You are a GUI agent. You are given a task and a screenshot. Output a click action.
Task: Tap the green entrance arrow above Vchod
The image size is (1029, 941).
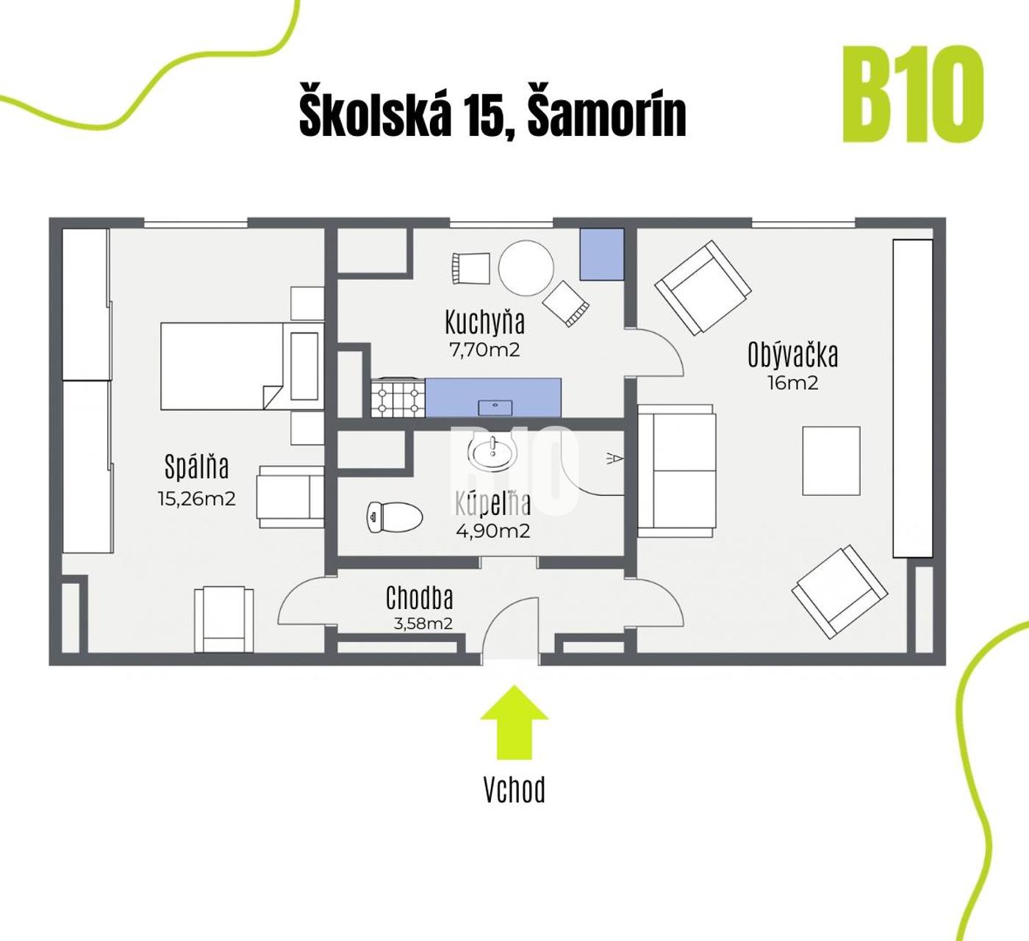[514, 722]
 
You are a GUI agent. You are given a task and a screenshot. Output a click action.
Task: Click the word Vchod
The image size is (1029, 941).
[514, 790]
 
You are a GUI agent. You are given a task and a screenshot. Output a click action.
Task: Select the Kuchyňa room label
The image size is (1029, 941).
[485, 322]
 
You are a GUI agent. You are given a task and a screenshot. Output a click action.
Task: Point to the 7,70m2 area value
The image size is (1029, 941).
[484, 350]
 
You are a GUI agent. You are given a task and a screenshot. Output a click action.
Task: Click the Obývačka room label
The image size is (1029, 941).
[792, 354]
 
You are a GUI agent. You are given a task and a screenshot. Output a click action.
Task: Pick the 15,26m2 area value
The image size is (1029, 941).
[197, 499]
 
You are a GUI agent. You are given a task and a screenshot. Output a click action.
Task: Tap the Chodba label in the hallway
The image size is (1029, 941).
[419, 598]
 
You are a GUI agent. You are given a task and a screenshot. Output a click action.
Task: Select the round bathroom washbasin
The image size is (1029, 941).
[492, 453]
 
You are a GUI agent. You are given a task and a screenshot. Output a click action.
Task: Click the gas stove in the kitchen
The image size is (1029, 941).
[398, 398]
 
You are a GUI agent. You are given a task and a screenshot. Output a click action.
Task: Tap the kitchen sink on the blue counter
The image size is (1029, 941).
[495, 408]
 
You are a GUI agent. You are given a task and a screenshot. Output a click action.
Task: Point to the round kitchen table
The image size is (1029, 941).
[526, 267]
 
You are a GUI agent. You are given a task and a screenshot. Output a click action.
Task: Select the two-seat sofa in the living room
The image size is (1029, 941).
[677, 470]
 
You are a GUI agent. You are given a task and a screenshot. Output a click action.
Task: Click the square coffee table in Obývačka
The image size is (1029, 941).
[831, 461]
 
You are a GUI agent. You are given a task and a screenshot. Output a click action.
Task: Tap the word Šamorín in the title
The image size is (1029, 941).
[607, 115]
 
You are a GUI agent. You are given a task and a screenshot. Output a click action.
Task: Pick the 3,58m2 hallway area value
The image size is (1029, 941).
[423, 624]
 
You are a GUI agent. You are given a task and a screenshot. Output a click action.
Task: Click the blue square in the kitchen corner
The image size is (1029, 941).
[602, 254]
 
